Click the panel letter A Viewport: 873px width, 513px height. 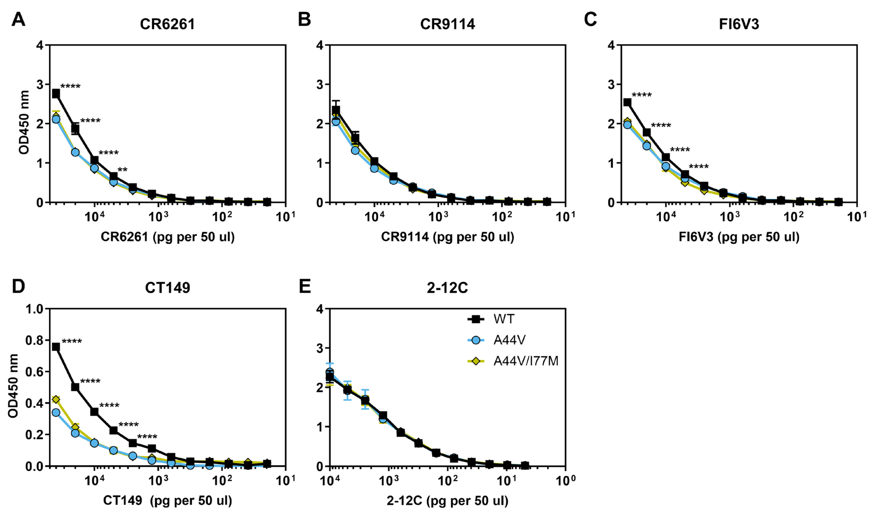18,20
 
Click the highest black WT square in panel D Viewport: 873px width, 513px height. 56,347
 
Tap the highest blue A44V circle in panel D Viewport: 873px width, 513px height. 56,413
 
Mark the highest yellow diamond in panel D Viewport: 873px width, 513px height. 56,400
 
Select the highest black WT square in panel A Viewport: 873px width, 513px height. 56,94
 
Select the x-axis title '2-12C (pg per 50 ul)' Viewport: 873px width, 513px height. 447,501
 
